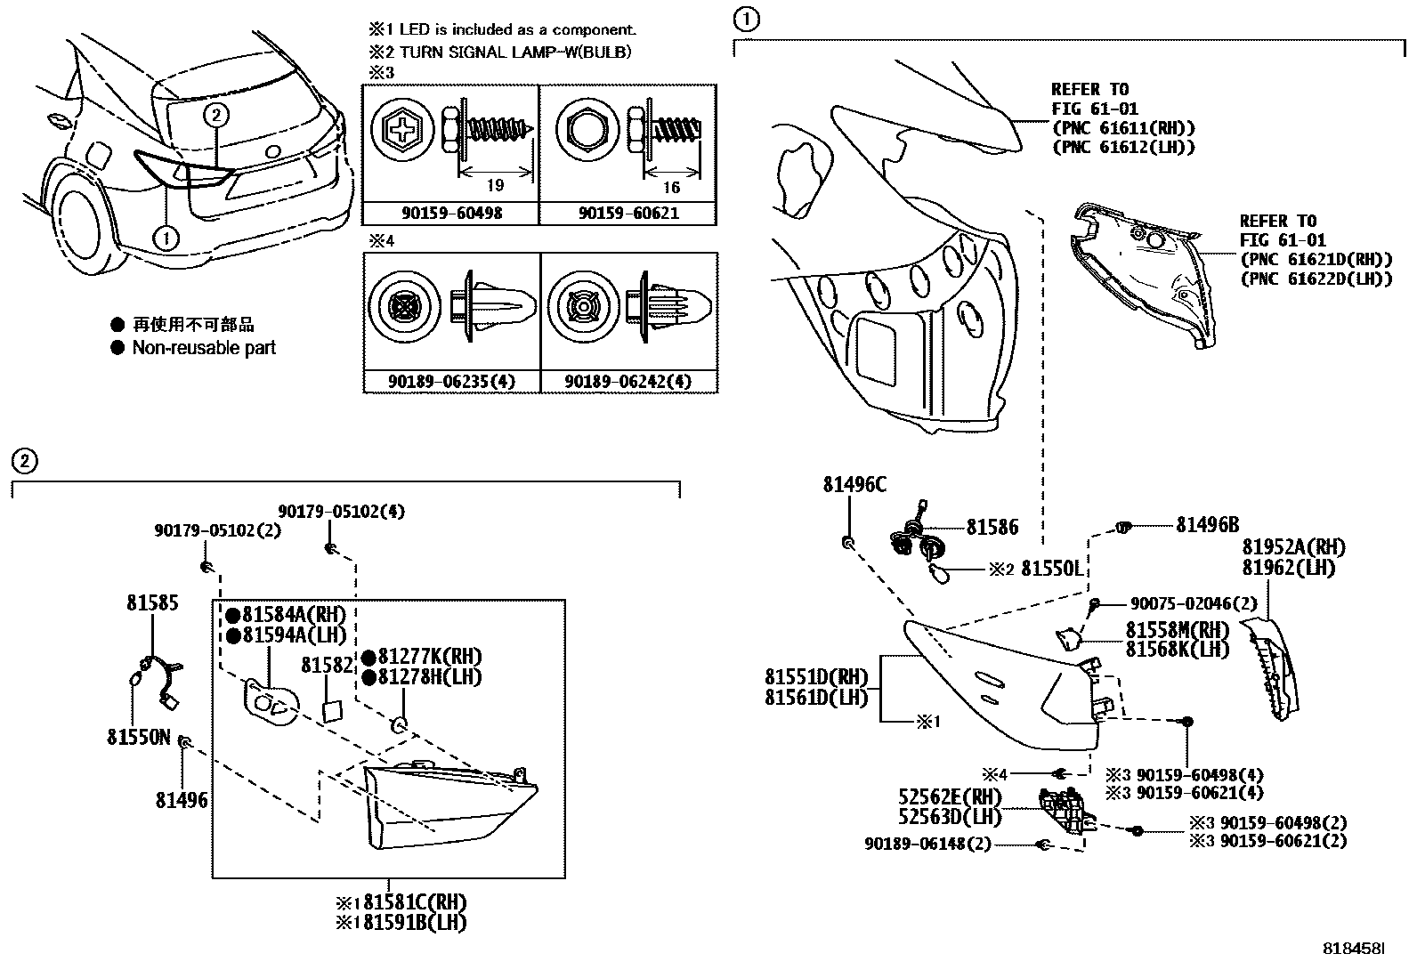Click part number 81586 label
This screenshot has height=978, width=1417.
pyautogui.click(x=992, y=528)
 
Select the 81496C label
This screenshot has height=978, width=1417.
pyautogui.click(x=854, y=485)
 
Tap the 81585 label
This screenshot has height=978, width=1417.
pyautogui.click(x=152, y=602)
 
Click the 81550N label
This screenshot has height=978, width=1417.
pyautogui.click(x=138, y=737)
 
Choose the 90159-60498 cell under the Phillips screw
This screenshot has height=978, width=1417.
pyautogui.click(x=451, y=214)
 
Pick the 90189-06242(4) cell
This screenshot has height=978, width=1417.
pyautogui.click(x=628, y=382)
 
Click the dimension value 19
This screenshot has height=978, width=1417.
pyautogui.click(x=496, y=185)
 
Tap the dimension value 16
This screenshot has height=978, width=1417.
pyautogui.click(x=671, y=186)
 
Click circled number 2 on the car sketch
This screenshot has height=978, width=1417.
pyautogui.click(x=217, y=114)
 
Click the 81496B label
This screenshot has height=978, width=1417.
pyautogui.click(x=1207, y=525)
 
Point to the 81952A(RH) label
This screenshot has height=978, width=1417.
pyautogui.click(x=1293, y=547)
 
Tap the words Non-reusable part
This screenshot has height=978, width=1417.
pyautogui.click(x=204, y=348)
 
